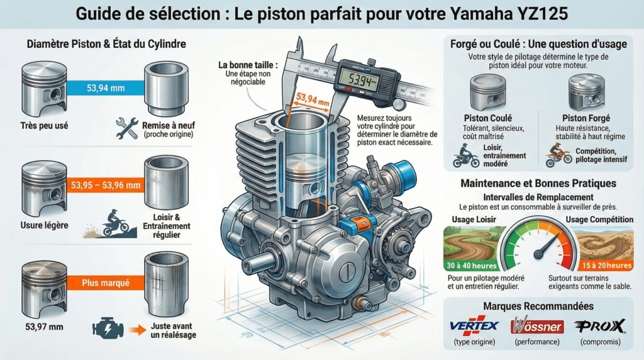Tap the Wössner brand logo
pyautogui.click(x=538, y=326)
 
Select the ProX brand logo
pyautogui.click(x=600, y=326)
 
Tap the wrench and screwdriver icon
pyautogui.click(x=127, y=128)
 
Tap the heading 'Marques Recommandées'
pyautogui.click(x=538, y=306)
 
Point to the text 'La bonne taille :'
pyautogui.click(x=248, y=65)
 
